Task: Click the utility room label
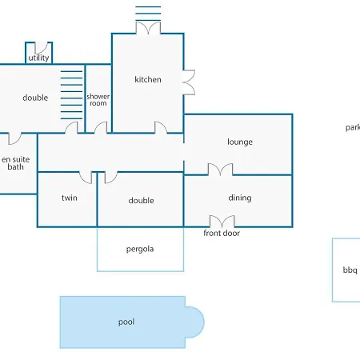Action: pyautogui.click(x=38, y=58)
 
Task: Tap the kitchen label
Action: pyautogui.click(x=148, y=79)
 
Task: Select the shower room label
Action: pyautogui.click(x=98, y=100)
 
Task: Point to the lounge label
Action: pyautogui.click(x=240, y=142)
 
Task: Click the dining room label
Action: pyautogui.click(x=240, y=198)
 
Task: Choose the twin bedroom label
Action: pyautogui.click(x=70, y=198)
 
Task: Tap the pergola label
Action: pyautogui.click(x=140, y=249)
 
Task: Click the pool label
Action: pyautogui.click(x=126, y=322)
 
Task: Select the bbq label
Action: pyautogui.click(x=350, y=270)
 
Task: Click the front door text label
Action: pyautogui.click(x=222, y=233)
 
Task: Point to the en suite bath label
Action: pyautogui.click(x=16, y=163)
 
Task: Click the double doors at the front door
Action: pyautogui.click(x=222, y=222)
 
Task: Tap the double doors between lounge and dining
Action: pyautogui.click(x=220, y=170)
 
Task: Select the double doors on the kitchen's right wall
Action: pyautogui.click(x=189, y=82)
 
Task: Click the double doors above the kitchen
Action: pyautogui.click(x=148, y=28)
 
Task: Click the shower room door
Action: pyautogui.click(x=101, y=127)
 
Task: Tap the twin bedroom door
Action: pyautogui.click(x=86, y=178)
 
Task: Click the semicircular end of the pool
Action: pyautogui.click(x=195, y=322)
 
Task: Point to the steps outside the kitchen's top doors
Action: pyautogui.click(x=148, y=14)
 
